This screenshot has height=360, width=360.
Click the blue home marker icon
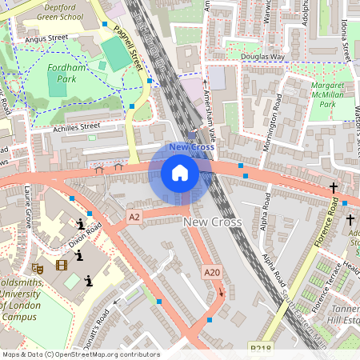pyautogui.click(x=180, y=173)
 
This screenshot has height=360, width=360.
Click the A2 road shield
pyautogui.click(x=134, y=216)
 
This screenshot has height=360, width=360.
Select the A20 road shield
pyautogui.click(x=211, y=273)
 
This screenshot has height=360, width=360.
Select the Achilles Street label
pyautogui.click(x=75, y=126)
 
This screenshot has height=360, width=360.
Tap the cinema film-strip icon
pyautogui.click(x=62, y=264)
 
